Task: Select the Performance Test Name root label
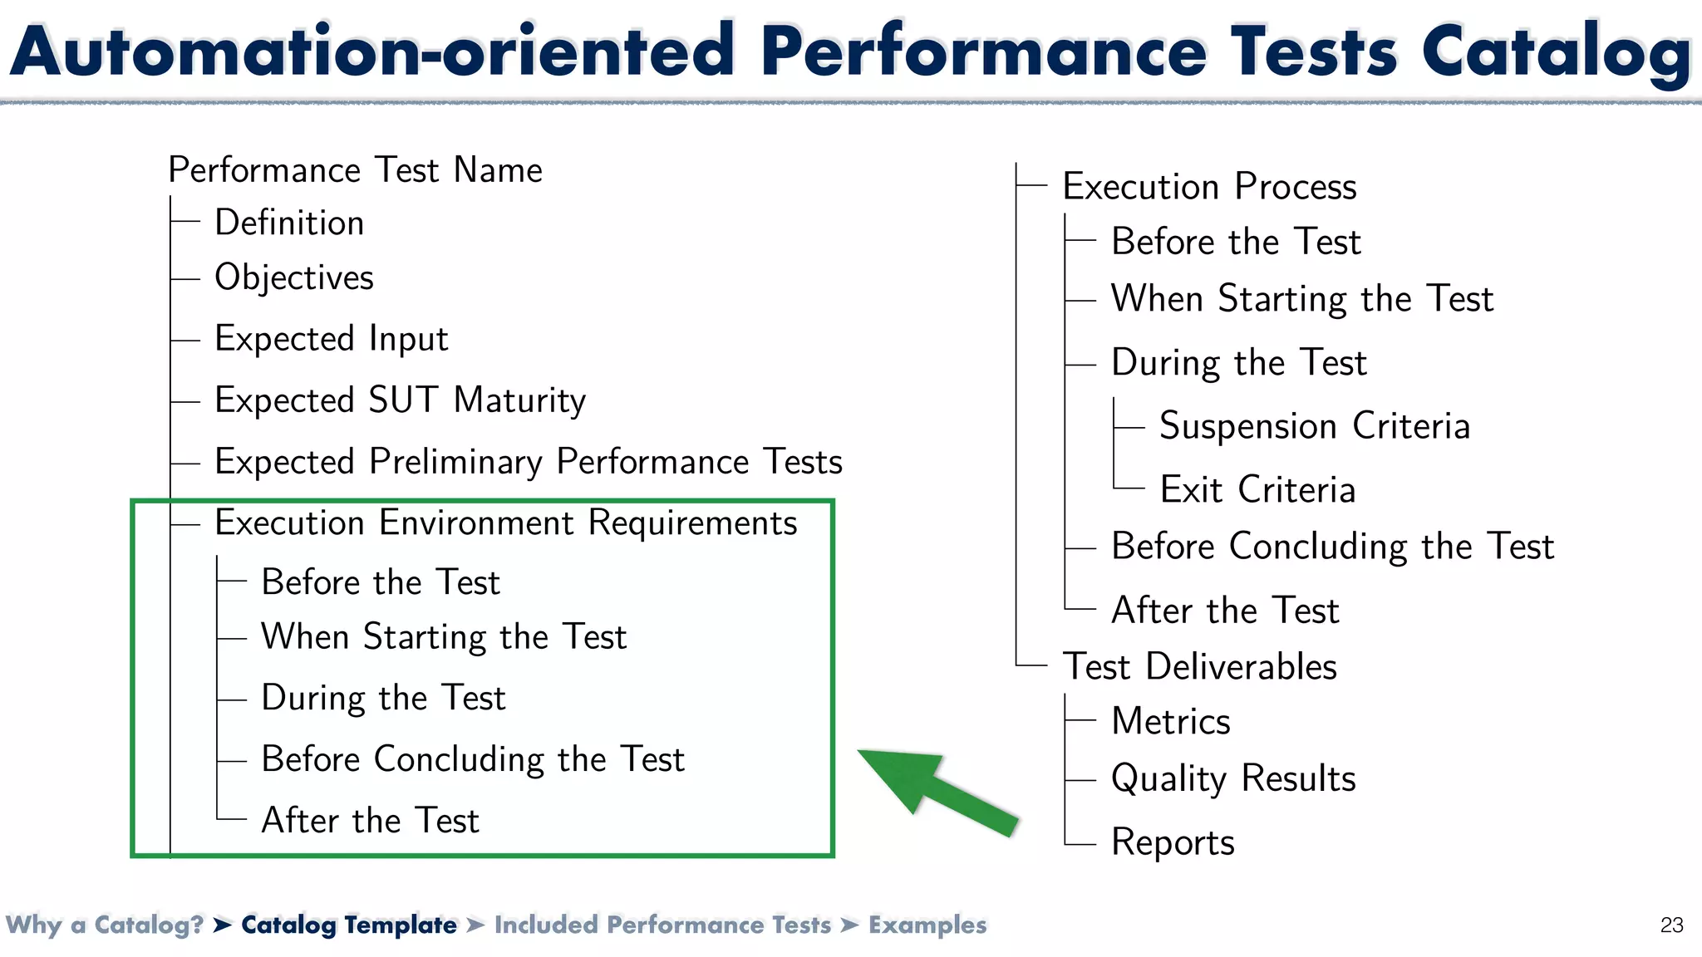(x=355, y=170)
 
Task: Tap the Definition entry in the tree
(x=289, y=223)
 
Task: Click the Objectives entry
(x=294, y=277)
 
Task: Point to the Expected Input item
(x=331, y=339)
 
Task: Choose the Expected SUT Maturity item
(x=400, y=400)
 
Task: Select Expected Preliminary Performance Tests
(x=529, y=462)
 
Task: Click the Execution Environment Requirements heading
(x=505, y=523)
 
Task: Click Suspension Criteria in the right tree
(x=1315, y=426)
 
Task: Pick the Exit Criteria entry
(x=1257, y=489)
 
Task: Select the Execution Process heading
(x=1209, y=186)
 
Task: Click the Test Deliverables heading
(x=1199, y=666)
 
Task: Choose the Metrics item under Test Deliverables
(x=1170, y=721)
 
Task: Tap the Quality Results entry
(x=1233, y=778)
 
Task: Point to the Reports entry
(x=1173, y=842)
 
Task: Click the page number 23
(x=1671, y=925)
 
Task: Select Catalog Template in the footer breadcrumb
(x=348, y=925)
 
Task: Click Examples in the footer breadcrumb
(x=927, y=925)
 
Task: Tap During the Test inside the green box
(x=383, y=698)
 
